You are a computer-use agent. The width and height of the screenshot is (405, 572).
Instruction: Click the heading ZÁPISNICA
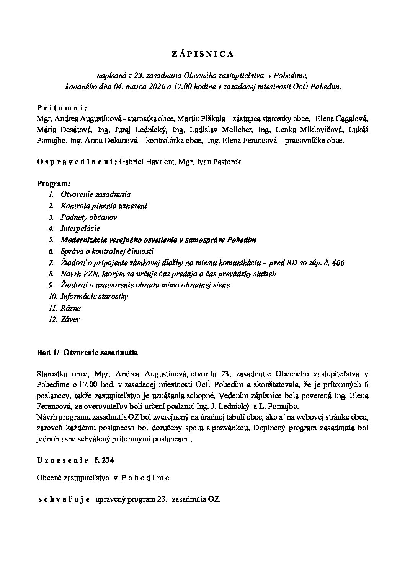pyautogui.click(x=202, y=54)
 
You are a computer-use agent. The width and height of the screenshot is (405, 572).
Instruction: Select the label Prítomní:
pyautogui.click(x=62, y=107)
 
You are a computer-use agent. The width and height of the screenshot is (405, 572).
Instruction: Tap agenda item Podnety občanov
pyautogui.click(x=89, y=217)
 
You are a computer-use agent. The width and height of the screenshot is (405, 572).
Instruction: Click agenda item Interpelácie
pyautogui.click(x=80, y=228)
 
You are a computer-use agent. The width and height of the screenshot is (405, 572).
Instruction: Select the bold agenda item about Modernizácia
pyautogui.click(x=158, y=240)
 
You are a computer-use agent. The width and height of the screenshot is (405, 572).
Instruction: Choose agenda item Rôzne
pyautogui.click(x=71, y=308)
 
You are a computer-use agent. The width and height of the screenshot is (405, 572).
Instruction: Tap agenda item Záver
pyautogui.click(x=70, y=319)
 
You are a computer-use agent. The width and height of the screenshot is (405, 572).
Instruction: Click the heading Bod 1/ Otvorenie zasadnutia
pyautogui.click(x=87, y=353)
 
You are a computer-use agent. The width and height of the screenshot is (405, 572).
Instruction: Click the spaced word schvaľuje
pyautogui.click(x=64, y=499)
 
